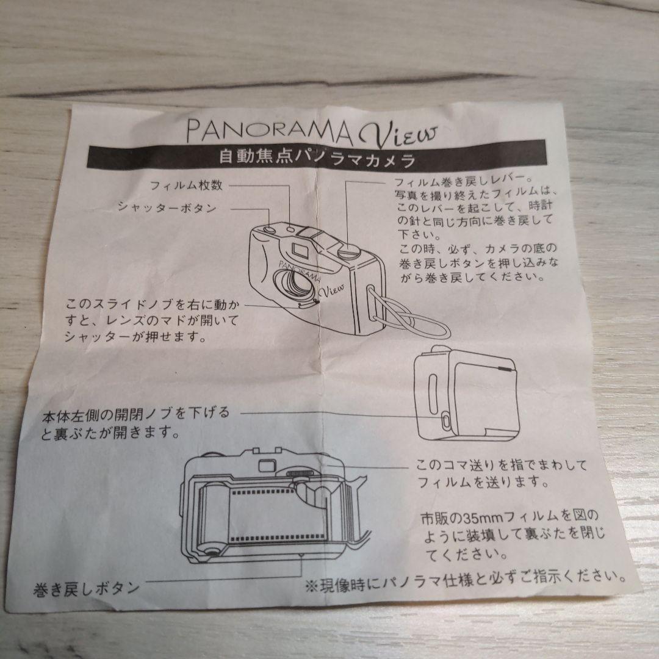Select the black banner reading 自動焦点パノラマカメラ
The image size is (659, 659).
click(x=317, y=159)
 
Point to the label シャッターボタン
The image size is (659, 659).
click(x=167, y=207)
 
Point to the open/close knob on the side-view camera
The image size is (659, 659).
click(x=446, y=420)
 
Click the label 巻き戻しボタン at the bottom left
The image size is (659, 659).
click(x=86, y=588)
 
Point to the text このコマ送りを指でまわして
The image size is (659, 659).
click(x=502, y=466)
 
